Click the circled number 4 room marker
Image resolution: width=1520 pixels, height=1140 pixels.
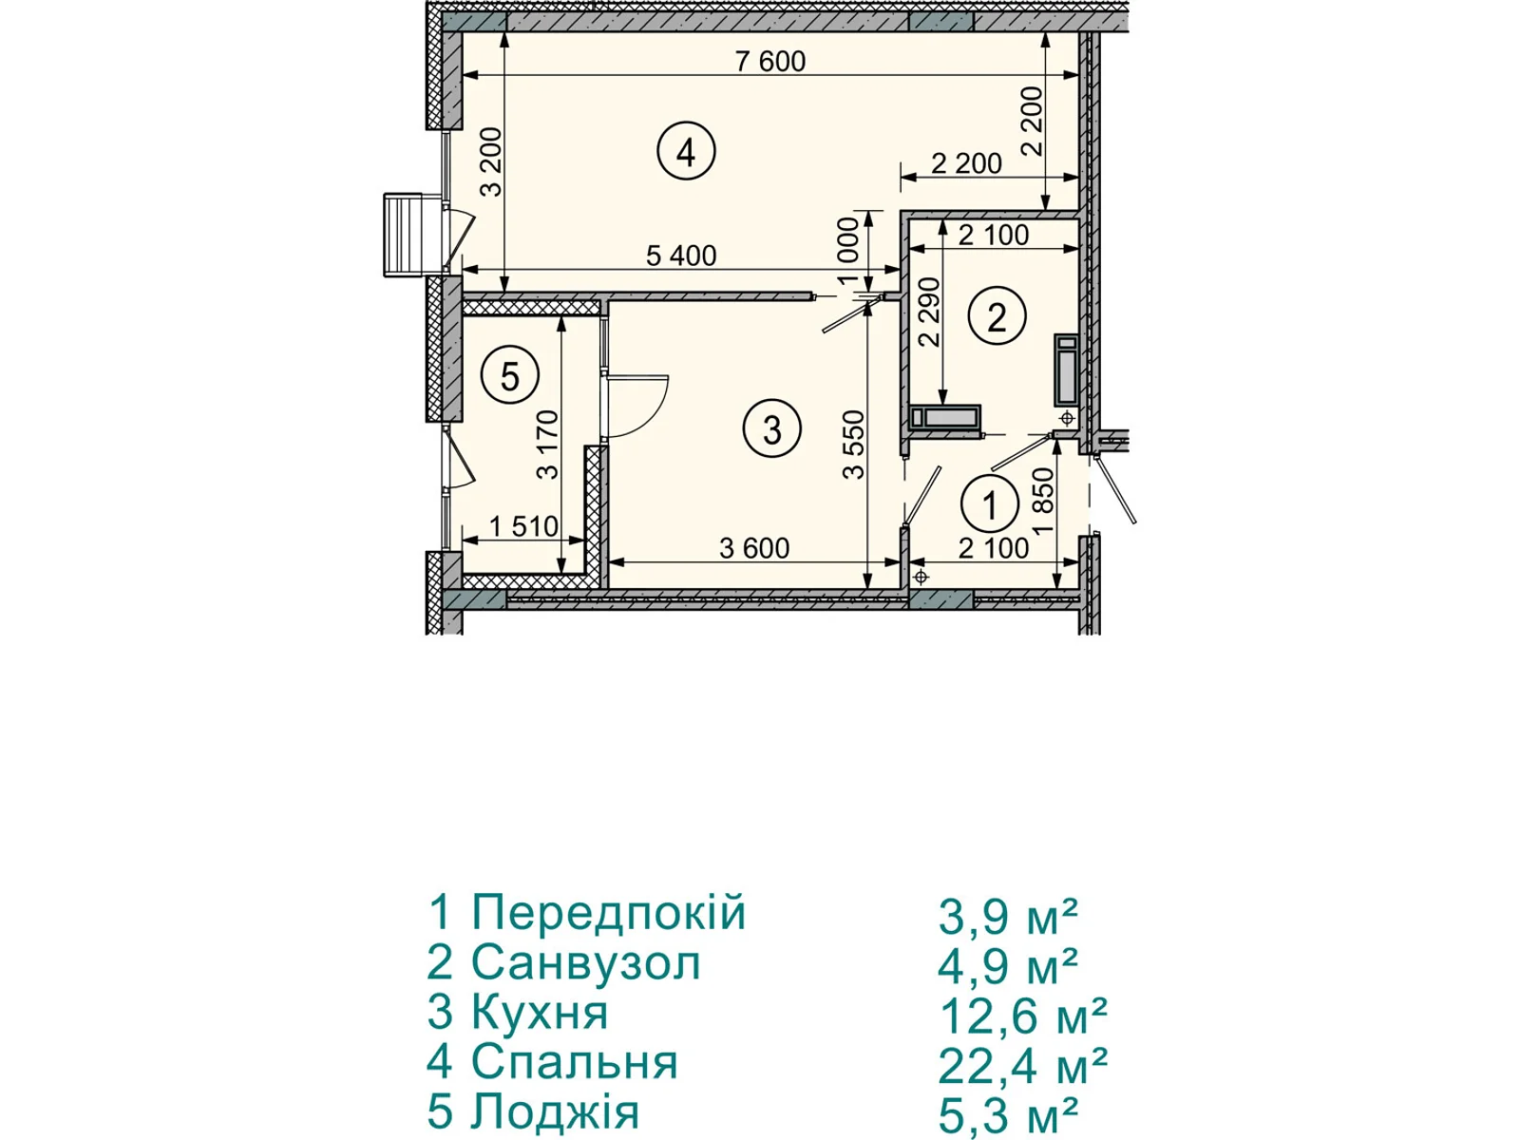[x=686, y=152]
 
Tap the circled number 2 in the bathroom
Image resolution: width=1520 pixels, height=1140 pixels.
[x=997, y=317]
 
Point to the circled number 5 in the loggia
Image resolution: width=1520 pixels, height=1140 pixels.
[x=509, y=377]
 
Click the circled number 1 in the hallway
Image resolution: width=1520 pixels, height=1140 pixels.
[x=990, y=504]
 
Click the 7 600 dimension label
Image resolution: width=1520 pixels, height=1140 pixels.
[x=770, y=62]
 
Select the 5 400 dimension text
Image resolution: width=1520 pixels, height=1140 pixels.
[x=681, y=256]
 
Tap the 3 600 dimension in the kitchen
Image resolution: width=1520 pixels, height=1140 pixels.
[x=754, y=549]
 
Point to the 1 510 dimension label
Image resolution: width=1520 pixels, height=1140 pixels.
[x=523, y=526]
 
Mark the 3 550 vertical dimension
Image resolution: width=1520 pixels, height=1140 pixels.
[x=854, y=445]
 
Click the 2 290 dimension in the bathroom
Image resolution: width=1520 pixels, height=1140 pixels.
[x=930, y=313]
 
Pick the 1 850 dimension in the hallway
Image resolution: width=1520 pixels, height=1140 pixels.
[x=1043, y=501]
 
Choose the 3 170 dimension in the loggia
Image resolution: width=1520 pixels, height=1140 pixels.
[x=547, y=445]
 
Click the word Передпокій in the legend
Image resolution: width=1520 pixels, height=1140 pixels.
[x=609, y=912]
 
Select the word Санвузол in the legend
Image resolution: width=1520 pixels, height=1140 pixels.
[x=586, y=962]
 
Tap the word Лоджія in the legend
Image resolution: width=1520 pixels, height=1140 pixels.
[x=556, y=1112]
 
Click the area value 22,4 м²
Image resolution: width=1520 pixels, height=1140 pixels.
[x=1022, y=1067]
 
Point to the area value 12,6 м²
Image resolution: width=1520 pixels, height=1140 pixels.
[x=1022, y=1016]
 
